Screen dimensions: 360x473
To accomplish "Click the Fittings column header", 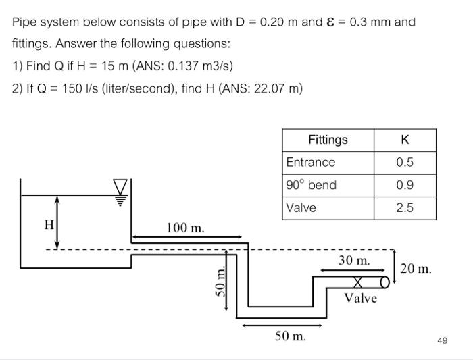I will (328, 140).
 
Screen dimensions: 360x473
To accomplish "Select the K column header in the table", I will (405, 140).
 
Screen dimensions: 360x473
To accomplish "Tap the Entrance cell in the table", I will (310, 163).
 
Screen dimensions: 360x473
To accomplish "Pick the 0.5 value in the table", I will (405, 163).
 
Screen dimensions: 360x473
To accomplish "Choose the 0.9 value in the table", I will (405, 185).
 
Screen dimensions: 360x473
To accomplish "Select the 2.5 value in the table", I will (405, 208).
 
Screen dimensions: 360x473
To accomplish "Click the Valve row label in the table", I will (301, 208).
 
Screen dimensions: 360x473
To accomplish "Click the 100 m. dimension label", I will (185, 228).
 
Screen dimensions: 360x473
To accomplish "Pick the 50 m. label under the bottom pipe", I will (290, 336).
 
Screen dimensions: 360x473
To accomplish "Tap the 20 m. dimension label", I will (416, 269).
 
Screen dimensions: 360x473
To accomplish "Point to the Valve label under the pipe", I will (360, 298).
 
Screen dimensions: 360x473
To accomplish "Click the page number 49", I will (442, 340).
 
